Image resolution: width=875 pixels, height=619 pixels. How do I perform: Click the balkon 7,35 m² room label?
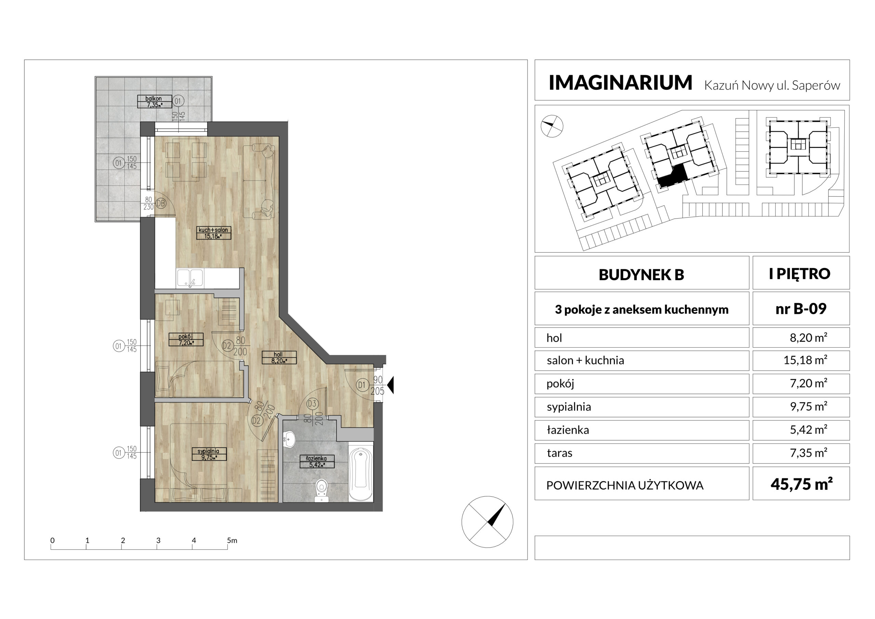tap(154, 102)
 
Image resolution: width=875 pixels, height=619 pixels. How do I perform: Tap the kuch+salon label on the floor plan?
tap(213, 233)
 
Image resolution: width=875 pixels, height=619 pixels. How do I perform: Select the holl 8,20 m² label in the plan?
tap(279, 358)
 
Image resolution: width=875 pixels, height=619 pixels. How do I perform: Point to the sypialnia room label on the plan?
tap(209, 454)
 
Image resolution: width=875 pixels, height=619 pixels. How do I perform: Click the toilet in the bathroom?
tap(322, 490)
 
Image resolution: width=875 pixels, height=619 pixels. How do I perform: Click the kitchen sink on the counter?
tap(190, 278)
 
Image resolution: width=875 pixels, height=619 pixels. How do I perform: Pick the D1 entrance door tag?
tap(362, 385)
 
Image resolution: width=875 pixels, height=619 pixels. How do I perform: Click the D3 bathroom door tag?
tap(312, 404)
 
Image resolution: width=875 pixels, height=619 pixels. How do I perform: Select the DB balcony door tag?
tap(161, 203)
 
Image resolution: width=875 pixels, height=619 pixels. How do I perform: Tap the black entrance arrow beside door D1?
tap(390, 385)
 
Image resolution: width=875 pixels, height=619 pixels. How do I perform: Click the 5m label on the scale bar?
tap(232, 540)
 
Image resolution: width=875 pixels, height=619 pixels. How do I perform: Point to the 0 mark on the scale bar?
tap(53, 540)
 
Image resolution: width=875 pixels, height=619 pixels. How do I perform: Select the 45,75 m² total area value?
tap(802, 484)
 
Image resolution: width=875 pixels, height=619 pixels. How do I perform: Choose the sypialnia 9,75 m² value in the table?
tap(808, 406)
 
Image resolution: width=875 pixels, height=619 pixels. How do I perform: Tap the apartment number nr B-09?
tap(801, 309)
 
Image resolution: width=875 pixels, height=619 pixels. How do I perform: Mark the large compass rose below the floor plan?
tap(487, 522)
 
